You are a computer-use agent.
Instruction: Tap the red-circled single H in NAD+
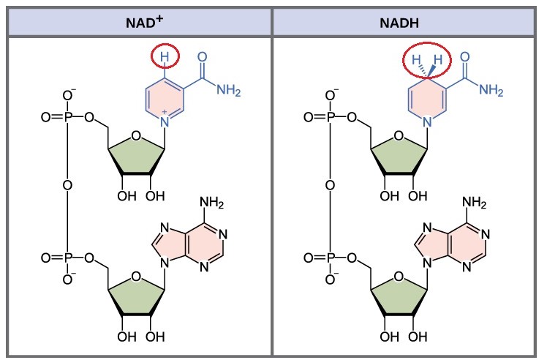click(165, 56)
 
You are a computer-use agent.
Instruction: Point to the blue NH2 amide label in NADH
click(491, 90)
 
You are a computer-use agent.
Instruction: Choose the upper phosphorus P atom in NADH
click(330, 117)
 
